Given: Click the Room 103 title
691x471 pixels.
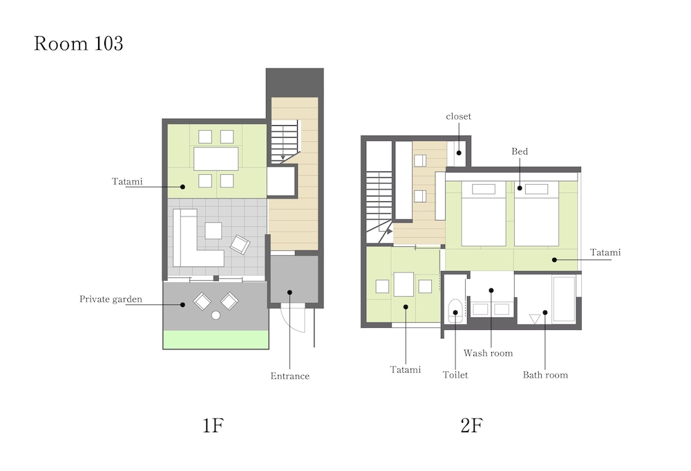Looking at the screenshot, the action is (x=79, y=43).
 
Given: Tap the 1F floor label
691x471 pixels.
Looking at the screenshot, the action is (x=213, y=425).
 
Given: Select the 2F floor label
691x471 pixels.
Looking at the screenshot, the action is (x=471, y=425).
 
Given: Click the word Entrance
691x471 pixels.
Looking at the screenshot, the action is (x=290, y=376).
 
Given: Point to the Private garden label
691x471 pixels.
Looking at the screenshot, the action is (x=111, y=299).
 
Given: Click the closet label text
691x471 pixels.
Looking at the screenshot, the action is (x=458, y=116).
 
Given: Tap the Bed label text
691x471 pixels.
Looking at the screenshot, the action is (x=520, y=151).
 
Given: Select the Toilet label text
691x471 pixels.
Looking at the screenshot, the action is (x=455, y=375).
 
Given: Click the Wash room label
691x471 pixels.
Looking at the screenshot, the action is (x=489, y=353).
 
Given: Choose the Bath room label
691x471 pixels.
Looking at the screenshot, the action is (x=545, y=375).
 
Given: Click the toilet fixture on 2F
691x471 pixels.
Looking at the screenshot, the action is (x=455, y=311).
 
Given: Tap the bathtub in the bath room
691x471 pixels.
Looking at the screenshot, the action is (x=564, y=299).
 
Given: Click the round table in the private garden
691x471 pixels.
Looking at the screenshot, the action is (x=216, y=315).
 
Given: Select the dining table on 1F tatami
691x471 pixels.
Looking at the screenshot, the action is (x=216, y=159).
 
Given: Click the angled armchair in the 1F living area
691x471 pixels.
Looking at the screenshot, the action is (x=240, y=244).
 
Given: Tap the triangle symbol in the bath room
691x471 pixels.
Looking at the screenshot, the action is (x=535, y=319).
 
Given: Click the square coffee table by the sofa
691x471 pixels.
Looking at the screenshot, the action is (x=214, y=230).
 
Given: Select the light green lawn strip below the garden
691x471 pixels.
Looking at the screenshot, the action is (x=216, y=340).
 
